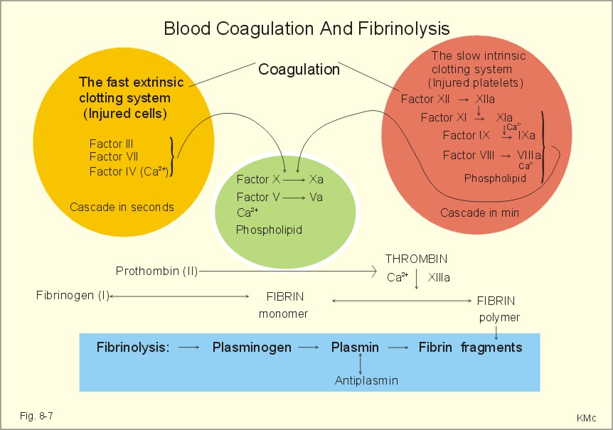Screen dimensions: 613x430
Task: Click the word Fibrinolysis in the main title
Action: [403, 28]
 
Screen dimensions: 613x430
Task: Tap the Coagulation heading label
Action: [299, 70]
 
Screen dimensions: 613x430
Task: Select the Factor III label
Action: [112, 144]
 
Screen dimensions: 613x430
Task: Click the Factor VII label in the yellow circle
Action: [114, 156]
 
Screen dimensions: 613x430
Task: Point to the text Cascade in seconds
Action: [122, 207]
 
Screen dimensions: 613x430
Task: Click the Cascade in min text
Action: [480, 213]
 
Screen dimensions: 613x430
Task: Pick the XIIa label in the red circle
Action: [485, 100]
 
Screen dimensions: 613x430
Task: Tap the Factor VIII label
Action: [469, 156]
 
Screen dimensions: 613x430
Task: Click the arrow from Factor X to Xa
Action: [294, 180]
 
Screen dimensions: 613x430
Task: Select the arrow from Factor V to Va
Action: [294, 198]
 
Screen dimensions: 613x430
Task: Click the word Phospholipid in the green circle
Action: [269, 230]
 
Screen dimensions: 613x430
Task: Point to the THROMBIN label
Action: [416, 259]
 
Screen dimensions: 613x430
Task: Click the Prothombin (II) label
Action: [156, 271]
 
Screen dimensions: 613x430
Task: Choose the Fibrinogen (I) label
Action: [73, 295]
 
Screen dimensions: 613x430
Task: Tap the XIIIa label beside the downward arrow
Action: [439, 278]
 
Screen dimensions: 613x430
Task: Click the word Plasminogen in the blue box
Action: [252, 348]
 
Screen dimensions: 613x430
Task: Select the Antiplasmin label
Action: [366, 380]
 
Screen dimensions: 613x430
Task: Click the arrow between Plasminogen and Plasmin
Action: [309, 348]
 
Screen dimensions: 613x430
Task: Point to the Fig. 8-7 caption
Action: [36, 416]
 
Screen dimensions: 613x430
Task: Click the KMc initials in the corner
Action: [586, 419]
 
